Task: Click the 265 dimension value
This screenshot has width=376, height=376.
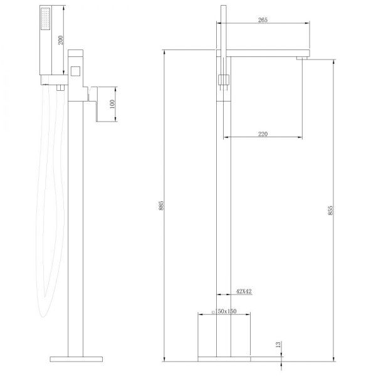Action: [263, 20]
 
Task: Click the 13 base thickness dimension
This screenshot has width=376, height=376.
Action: [278, 345]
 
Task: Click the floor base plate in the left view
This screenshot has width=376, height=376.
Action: [75, 359]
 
